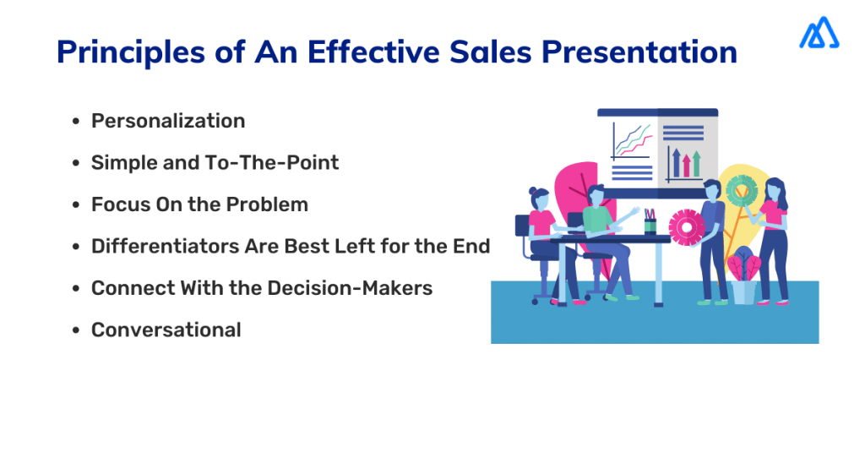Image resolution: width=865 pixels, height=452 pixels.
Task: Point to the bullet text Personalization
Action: click(168, 121)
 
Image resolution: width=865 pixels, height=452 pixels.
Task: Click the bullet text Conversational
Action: click(166, 329)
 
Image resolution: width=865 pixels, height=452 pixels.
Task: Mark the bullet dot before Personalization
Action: click(77, 122)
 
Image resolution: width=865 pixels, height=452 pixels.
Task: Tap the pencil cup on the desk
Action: click(650, 222)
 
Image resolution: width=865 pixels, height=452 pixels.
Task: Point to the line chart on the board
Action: click(631, 139)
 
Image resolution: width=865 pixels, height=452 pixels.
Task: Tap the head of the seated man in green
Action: click(596, 196)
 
